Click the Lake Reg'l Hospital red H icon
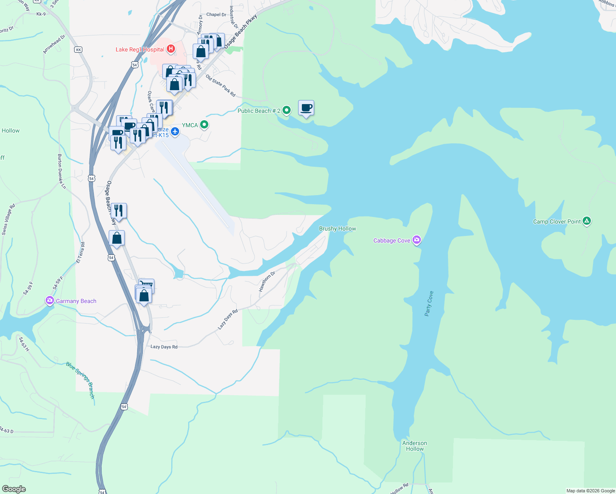point(170,49)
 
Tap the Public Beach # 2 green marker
point(287,110)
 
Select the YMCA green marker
point(204,125)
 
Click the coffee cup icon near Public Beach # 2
point(306,108)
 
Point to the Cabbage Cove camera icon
point(417,240)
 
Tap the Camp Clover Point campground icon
point(587,221)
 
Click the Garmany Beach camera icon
point(50,301)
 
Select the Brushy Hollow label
point(338,228)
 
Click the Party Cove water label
point(429,303)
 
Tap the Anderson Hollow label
point(415,446)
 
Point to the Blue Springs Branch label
point(81,380)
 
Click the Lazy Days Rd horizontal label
point(164,347)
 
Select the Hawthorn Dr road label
point(267,282)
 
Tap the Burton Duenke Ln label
point(62,171)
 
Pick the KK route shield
point(78,50)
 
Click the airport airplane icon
point(175,131)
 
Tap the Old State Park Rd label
point(221,86)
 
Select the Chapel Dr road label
point(216,14)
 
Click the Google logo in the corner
point(14,489)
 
